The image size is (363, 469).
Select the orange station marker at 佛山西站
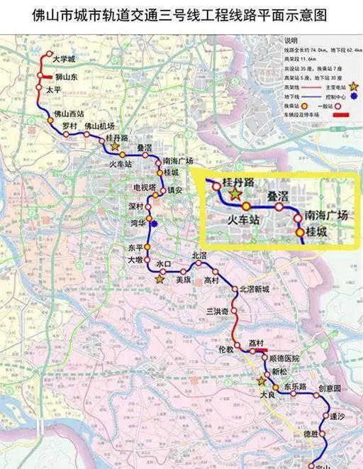(x=50, y=121)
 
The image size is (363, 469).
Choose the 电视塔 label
(x=143, y=188)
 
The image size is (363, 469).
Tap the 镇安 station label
(x=174, y=190)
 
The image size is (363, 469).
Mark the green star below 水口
(x=160, y=279)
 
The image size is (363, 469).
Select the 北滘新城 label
(x=255, y=289)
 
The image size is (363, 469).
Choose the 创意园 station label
(x=330, y=389)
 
